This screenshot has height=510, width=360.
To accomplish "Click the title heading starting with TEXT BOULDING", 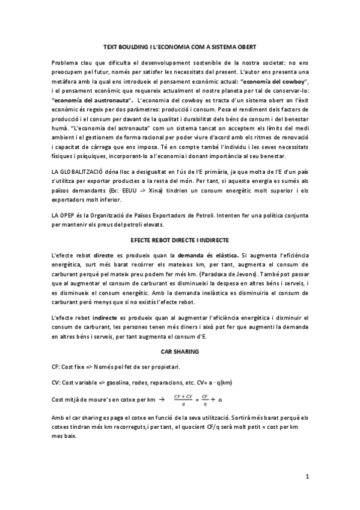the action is click(x=180, y=46).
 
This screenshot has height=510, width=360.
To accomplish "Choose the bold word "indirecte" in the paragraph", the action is click(x=103, y=317).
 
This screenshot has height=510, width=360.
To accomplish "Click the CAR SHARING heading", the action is click(x=180, y=350).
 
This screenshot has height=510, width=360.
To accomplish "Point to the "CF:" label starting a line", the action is click(x=56, y=366).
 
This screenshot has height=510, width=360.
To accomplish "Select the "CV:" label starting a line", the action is click(x=56, y=382).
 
